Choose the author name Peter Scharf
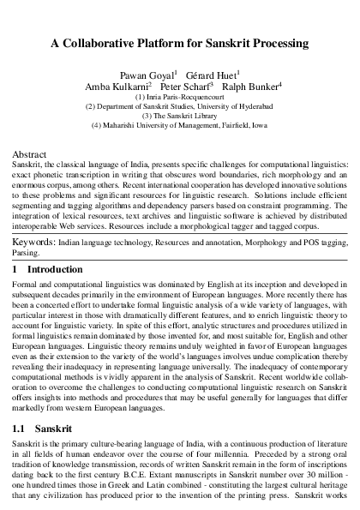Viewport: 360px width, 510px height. [182, 87]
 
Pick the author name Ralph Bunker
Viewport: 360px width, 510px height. [247, 87]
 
